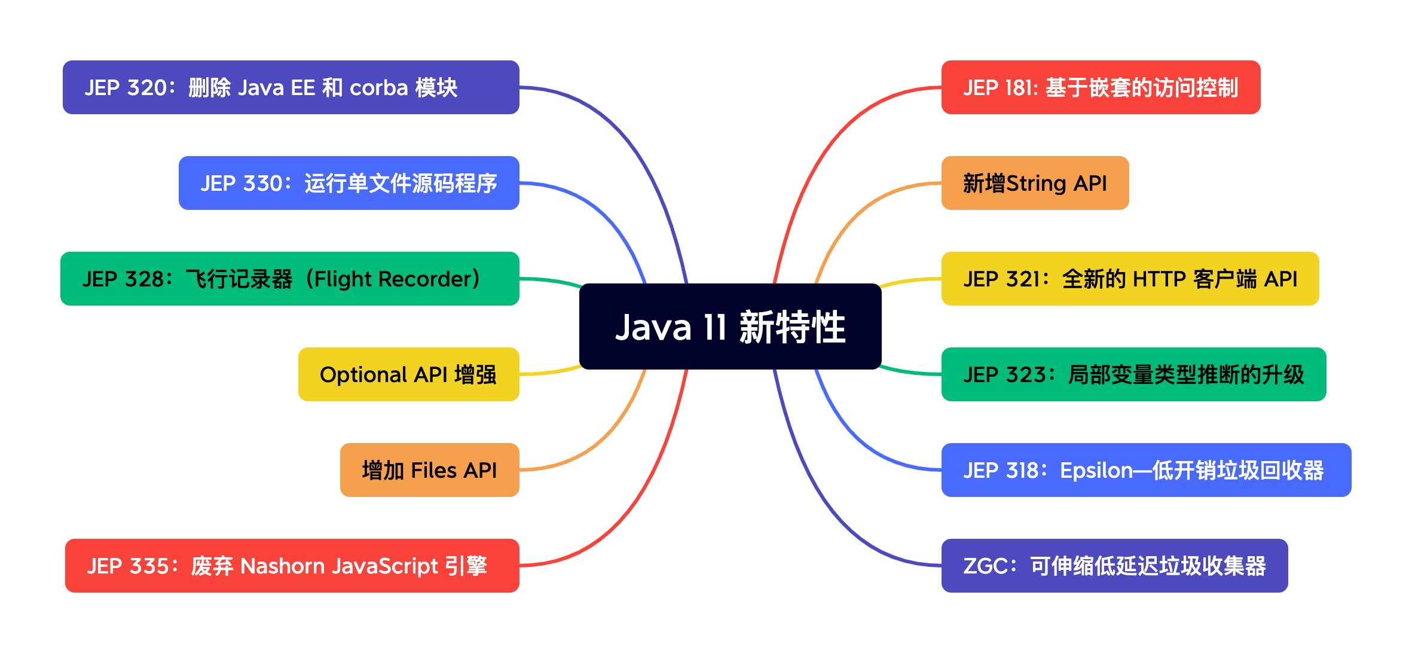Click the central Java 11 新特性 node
tap(730, 326)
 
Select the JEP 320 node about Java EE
tap(291, 87)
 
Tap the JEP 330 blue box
tap(349, 183)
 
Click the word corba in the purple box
tap(378, 88)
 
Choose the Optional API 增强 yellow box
tap(408, 374)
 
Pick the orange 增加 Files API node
tap(429, 470)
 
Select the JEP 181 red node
tap(1101, 87)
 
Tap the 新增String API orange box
tap(1035, 183)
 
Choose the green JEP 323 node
tap(1133, 374)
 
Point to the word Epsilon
tap(1096, 471)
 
